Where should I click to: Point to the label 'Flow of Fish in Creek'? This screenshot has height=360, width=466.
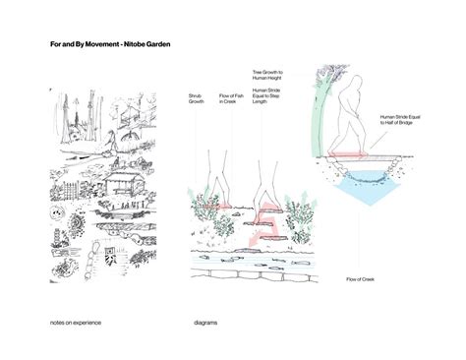(229, 97)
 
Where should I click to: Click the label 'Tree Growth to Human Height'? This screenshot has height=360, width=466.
(266, 76)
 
